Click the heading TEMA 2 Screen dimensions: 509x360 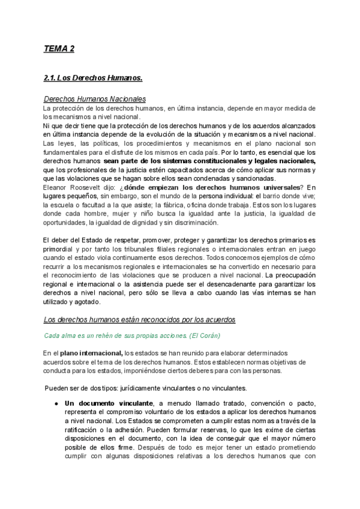(x=59, y=49)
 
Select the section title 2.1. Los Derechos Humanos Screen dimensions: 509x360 (x=93, y=78)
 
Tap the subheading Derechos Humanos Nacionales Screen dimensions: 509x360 (x=95, y=99)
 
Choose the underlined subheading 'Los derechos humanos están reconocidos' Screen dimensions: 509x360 (x=140, y=319)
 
